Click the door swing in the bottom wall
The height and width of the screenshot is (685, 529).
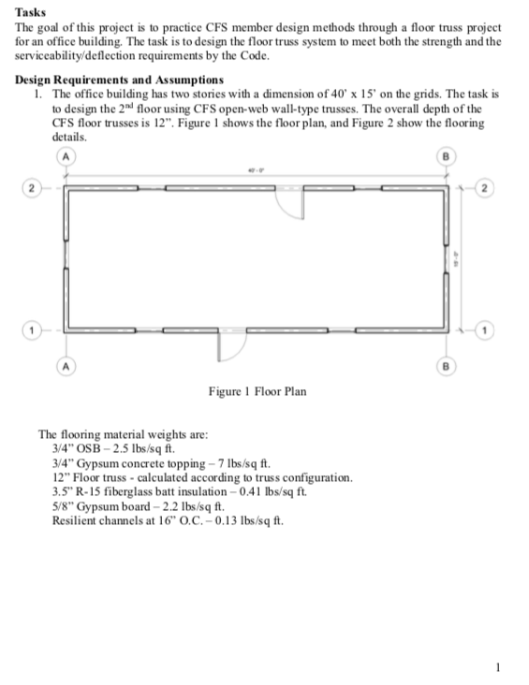[x=226, y=347]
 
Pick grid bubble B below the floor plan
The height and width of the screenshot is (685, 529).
[x=445, y=367]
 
